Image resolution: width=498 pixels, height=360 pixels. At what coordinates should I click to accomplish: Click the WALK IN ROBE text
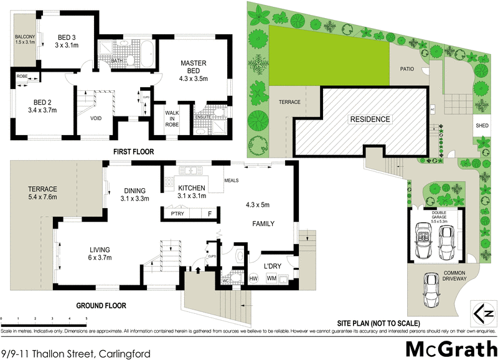(172, 118)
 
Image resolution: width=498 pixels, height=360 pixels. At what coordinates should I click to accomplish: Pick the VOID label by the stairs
(96, 118)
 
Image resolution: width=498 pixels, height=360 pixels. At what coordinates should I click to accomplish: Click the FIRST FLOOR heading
(133, 152)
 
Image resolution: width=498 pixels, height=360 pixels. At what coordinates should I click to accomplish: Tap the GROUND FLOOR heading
(101, 306)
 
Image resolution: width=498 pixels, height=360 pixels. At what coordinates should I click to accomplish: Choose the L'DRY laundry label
(274, 267)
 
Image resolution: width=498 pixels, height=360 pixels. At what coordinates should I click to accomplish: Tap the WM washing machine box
(271, 278)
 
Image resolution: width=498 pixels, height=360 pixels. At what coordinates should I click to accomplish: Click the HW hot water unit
(253, 278)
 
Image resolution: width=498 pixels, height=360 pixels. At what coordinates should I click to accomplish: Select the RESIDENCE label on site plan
(370, 119)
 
